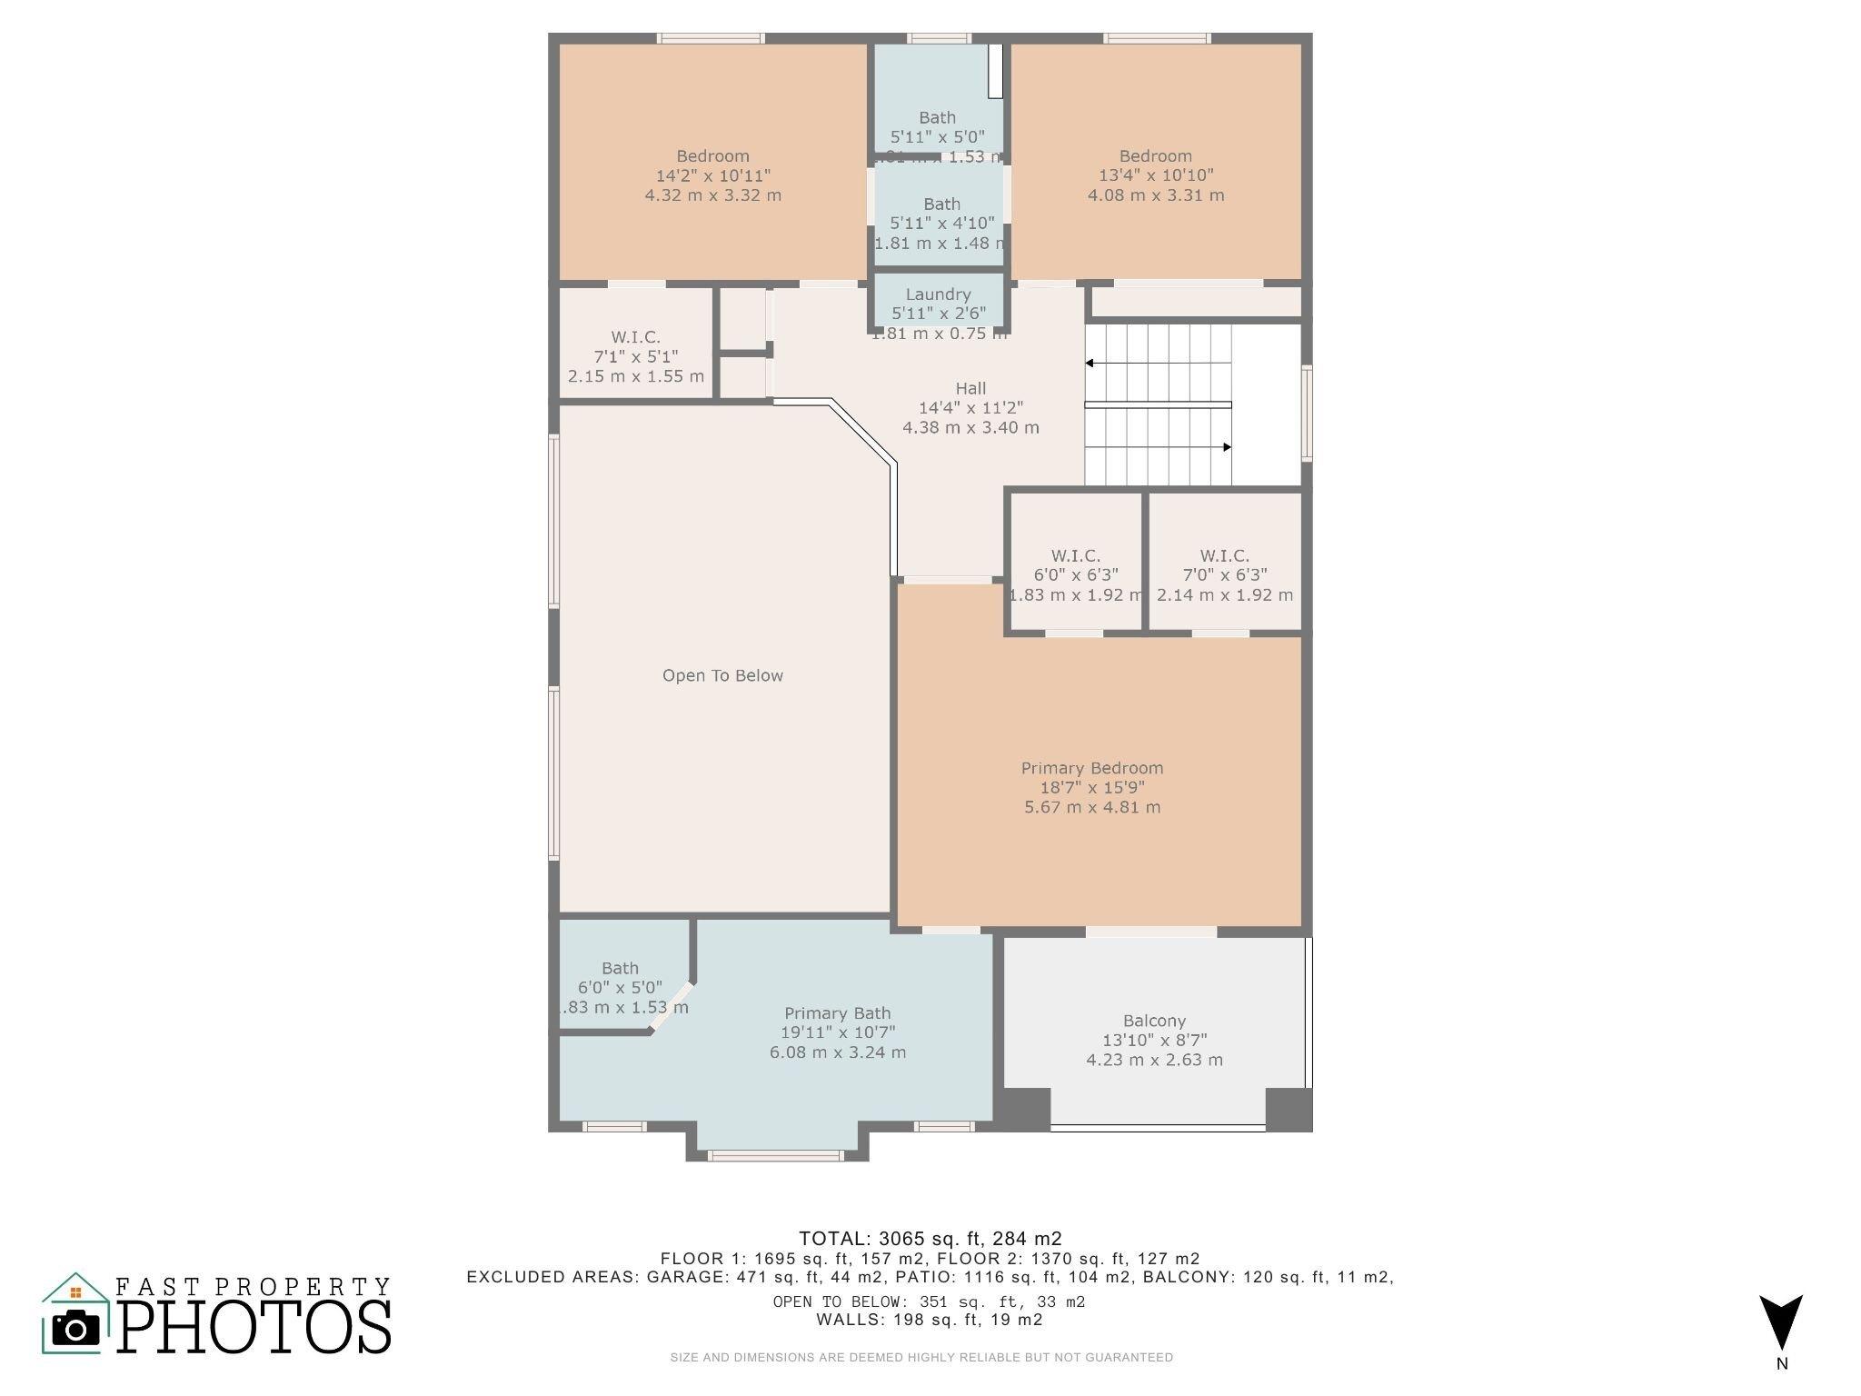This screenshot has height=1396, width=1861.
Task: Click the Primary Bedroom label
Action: click(x=1091, y=768)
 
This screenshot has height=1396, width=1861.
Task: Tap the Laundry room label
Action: click(x=938, y=294)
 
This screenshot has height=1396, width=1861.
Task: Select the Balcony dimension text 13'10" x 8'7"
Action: click(x=1154, y=1041)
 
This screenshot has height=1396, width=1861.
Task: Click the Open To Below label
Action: click(x=722, y=675)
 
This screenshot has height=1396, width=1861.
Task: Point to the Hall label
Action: click(x=970, y=388)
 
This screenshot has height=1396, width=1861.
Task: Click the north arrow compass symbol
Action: click(x=1780, y=1322)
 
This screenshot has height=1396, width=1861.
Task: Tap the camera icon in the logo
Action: click(x=75, y=1330)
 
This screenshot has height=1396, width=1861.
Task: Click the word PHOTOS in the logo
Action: click(x=254, y=1328)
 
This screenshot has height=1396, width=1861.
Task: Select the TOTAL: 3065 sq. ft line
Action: click(x=930, y=1238)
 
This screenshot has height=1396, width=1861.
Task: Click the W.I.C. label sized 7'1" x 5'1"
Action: click(x=635, y=337)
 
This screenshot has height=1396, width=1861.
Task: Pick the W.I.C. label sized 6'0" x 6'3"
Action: click(x=1075, y=555)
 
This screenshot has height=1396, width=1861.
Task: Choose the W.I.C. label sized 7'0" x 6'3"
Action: click(x=1224, y=555)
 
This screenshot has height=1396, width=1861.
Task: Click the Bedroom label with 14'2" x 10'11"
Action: click(x=712, y=156)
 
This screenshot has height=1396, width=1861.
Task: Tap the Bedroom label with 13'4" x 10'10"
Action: click(x=1155, y=156)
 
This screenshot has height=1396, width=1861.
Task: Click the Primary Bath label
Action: click(x=837, y=1013)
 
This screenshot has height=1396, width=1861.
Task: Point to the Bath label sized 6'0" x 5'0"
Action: click(x=620, y=969)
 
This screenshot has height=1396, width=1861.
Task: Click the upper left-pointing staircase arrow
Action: click(x=1090, y=364)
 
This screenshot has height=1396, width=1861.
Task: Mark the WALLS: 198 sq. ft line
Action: click(x=930, y=1320)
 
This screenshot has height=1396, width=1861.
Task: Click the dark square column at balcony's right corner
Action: click(x=1289, y=1109)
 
